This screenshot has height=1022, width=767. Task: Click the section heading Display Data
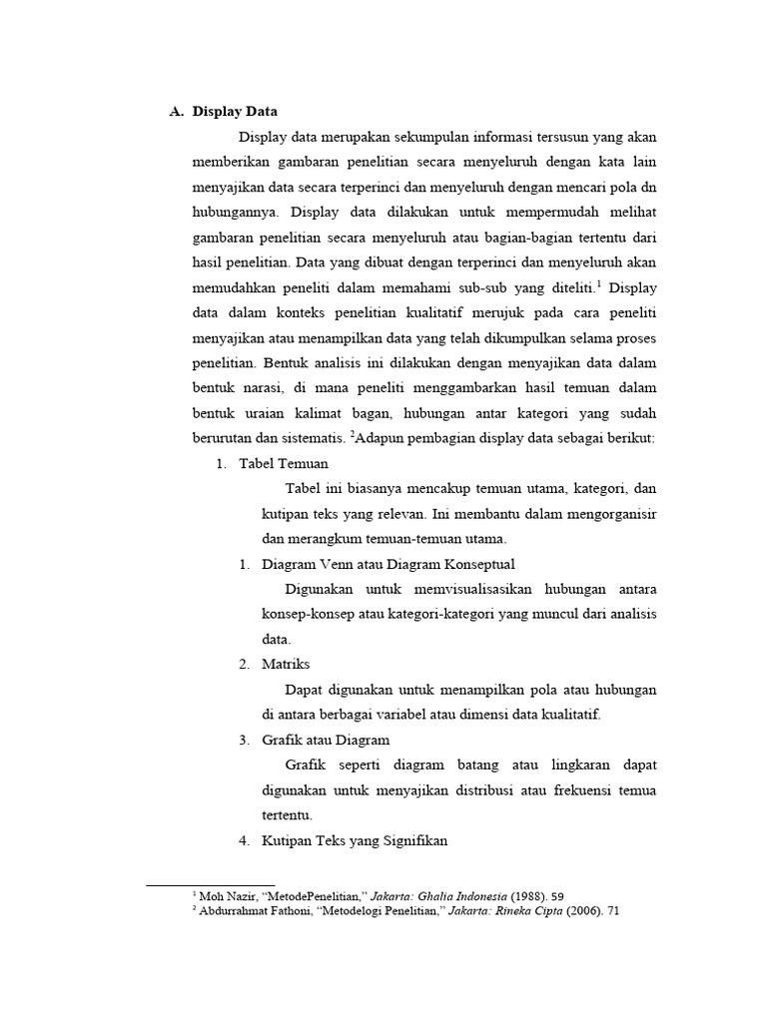coord(235,111)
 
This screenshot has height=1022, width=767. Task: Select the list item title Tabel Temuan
coord(283,464)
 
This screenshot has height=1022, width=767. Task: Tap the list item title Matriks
coord(286,664)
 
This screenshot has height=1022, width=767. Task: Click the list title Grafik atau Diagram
coord(326,740)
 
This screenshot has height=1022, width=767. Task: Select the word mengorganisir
coord(611,514)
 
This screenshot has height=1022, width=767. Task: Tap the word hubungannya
coord(236,212)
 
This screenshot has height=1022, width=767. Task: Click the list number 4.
coord(244,840)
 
